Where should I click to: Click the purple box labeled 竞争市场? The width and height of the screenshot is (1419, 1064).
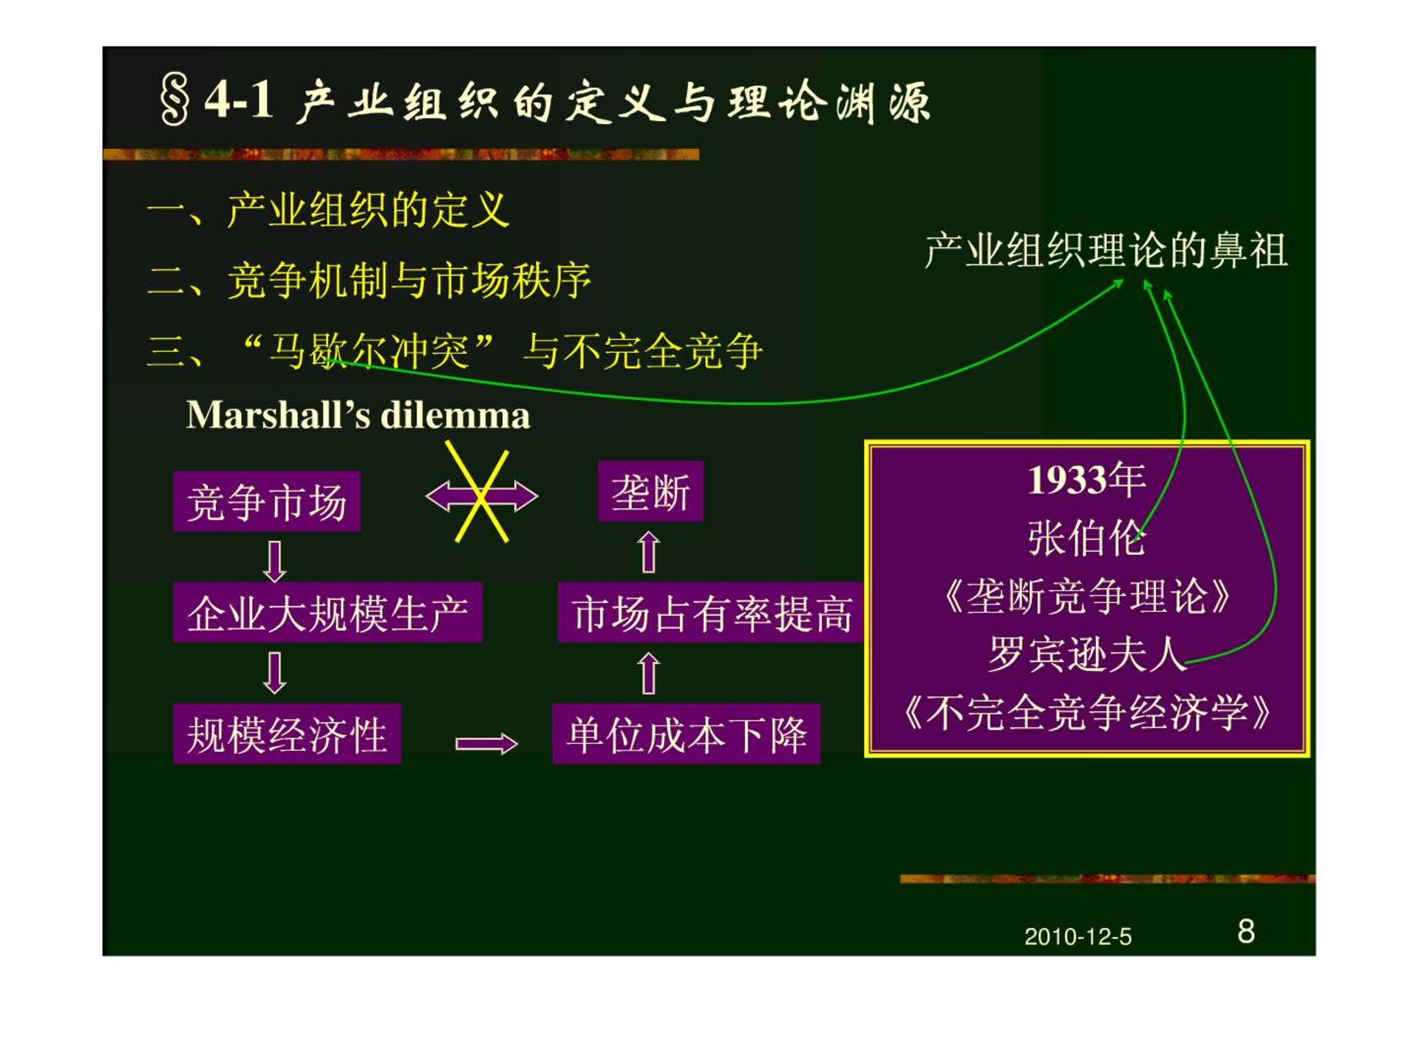(267, 501)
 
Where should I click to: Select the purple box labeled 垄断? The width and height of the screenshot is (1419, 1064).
(650, 491)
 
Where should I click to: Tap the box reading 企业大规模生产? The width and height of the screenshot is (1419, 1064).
(327, 612)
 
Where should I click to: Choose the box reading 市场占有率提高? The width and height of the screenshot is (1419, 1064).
(711, 613)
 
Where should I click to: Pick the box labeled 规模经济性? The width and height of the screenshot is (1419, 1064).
(287, 734)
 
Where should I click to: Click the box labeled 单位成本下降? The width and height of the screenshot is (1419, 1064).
(686, 734)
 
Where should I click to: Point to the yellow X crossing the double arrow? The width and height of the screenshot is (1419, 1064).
(481, 493)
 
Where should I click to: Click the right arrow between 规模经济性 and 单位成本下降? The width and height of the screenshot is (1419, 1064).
(486, 743)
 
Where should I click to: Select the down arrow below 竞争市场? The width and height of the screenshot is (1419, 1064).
(275, 561)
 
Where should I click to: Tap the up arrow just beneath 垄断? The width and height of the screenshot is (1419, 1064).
(649, 551)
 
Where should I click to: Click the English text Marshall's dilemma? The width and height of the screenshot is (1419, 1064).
(358, 415)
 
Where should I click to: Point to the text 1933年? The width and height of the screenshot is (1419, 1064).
(1086, 480)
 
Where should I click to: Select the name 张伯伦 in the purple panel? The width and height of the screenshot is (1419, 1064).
(1086, 538)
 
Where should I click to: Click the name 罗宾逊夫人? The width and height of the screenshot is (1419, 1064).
(1086, 654)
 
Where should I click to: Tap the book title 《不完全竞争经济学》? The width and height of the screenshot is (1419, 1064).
(1086, 712)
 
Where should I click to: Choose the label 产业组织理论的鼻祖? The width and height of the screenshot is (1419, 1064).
(1106, 250)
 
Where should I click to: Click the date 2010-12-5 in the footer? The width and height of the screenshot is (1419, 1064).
(1078, 937)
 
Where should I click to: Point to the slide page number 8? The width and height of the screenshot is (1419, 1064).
(1246, 932)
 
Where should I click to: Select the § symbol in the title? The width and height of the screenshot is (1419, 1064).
(175, 100)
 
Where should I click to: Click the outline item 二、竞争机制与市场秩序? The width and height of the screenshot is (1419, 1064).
(370, 281)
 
